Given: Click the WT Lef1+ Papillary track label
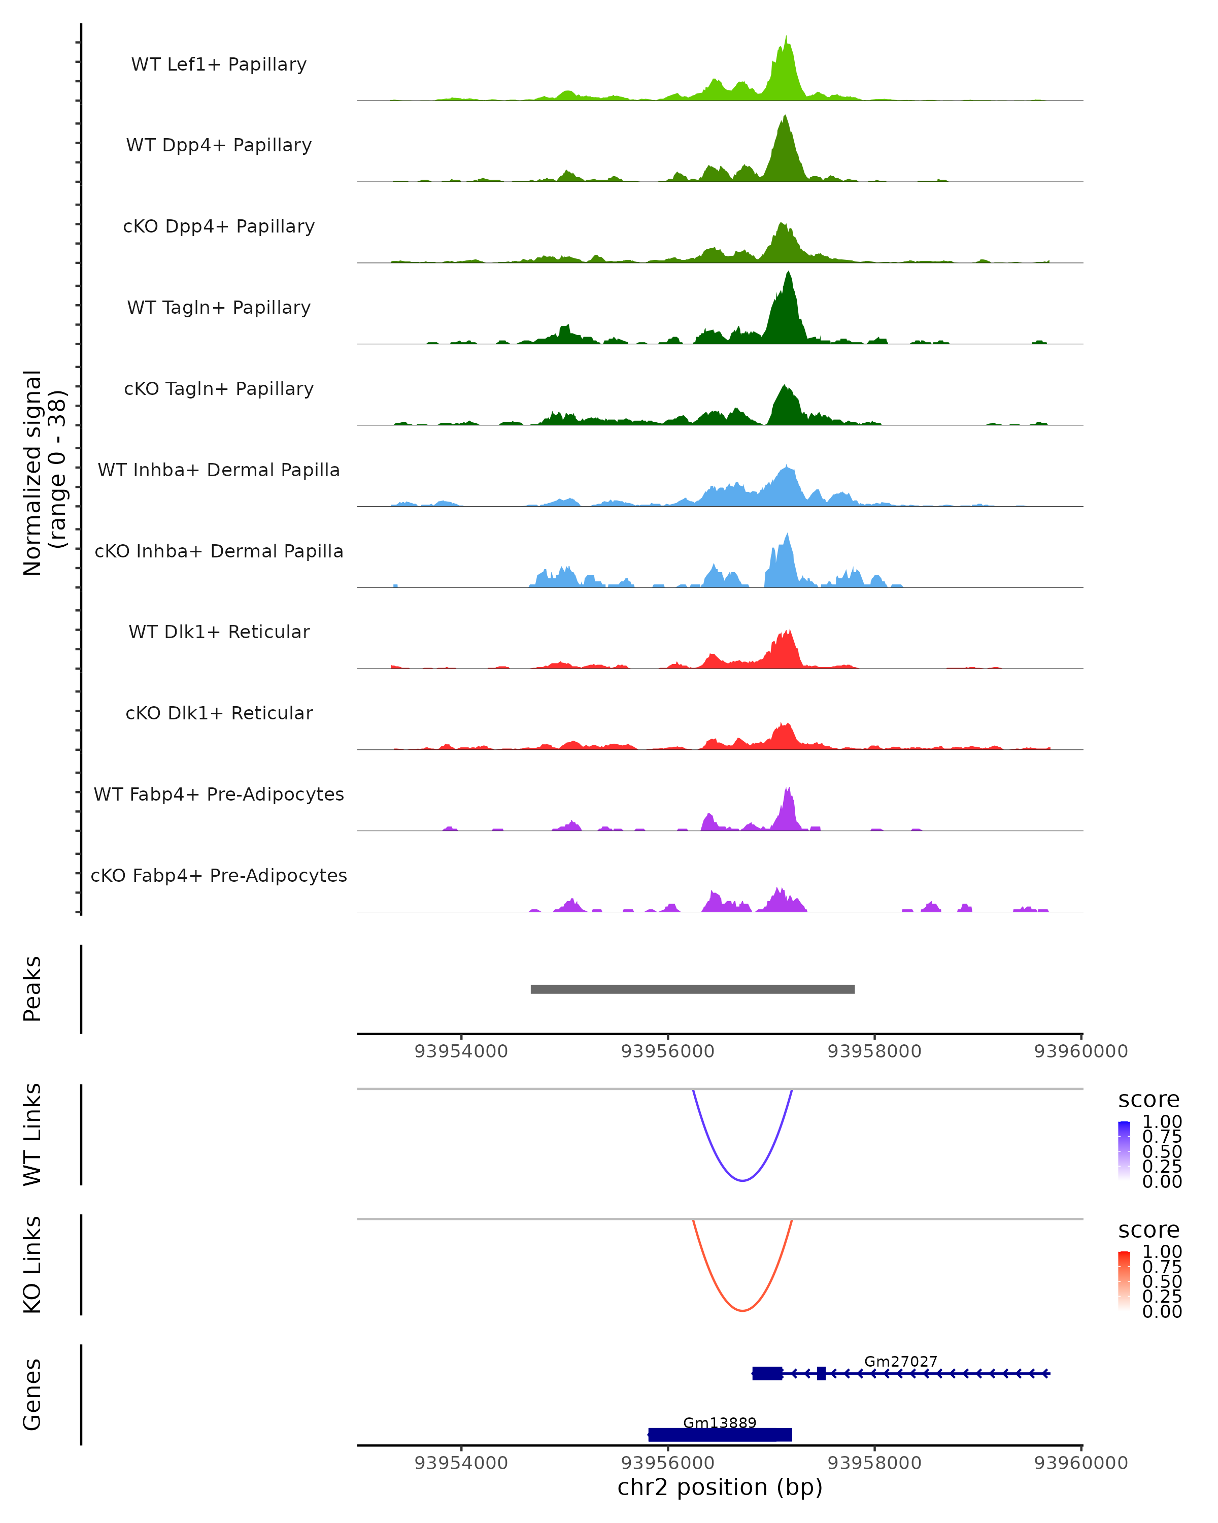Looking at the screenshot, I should (x=219, y=64).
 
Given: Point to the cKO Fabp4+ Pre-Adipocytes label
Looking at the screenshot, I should (x=219, y=875).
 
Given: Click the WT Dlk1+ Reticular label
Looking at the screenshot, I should (x=219, y=632).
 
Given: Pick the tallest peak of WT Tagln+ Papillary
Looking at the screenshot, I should (x=789, y=276).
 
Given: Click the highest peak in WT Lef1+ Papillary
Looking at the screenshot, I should (x=786, y=39).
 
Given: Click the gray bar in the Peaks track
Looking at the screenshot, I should (x=692, y=989).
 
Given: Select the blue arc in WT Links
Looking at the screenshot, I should (x=742, y=1180).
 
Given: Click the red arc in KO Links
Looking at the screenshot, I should (x=742, y=1310).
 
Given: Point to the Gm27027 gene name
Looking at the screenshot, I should (x=900, y=1361).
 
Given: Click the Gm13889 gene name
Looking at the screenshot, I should (x=720, y=1422).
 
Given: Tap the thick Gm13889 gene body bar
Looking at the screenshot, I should (x=720, y=1435).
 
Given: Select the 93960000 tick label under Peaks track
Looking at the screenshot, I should (x=1080, y=1051).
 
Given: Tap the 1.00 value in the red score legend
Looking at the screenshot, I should (x=1162, y=1252).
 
